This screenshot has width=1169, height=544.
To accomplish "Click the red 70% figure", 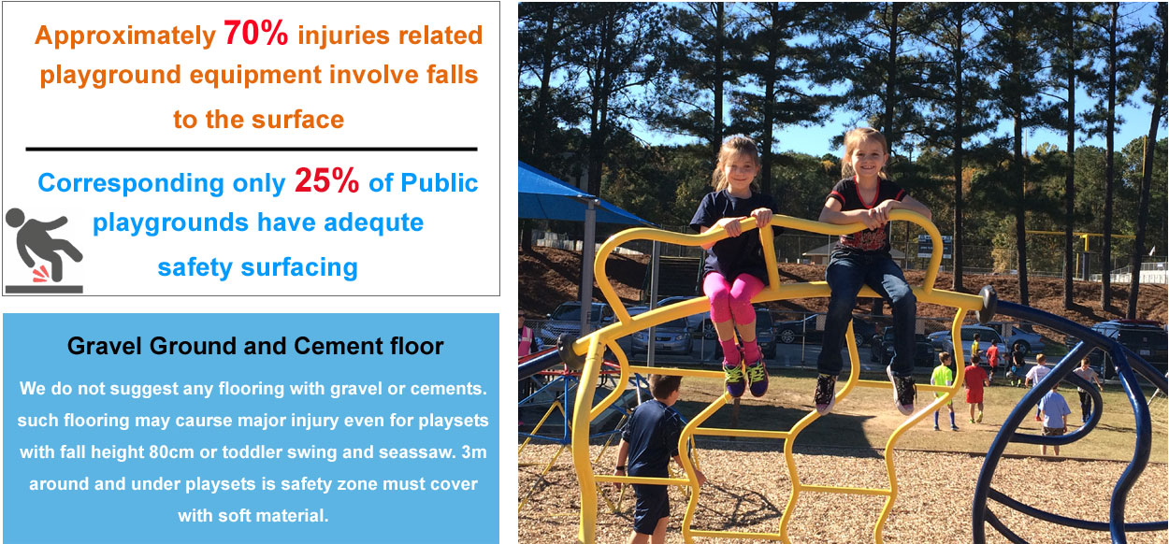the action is click(x=255, y=33).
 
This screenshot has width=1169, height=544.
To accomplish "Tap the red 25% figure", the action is click(x=326, y=180).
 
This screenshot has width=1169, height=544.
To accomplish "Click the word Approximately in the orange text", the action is click(x=125, y=36).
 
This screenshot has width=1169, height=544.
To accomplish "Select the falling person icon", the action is click(x=44, y=251).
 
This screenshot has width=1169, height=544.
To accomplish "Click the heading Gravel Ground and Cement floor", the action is click(x=255, y=346).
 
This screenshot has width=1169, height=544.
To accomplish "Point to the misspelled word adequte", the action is click(x=374, y=222).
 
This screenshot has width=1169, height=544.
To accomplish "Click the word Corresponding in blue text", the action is click(x=131, y=183).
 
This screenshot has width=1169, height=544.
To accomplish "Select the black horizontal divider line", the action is click(x=252, y=150).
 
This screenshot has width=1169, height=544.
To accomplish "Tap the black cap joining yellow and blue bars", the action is click(x=988, y=304).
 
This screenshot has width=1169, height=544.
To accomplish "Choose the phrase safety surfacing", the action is click(x=258, y=267).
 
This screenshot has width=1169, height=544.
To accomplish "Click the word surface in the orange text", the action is click(x=298, y=120).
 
